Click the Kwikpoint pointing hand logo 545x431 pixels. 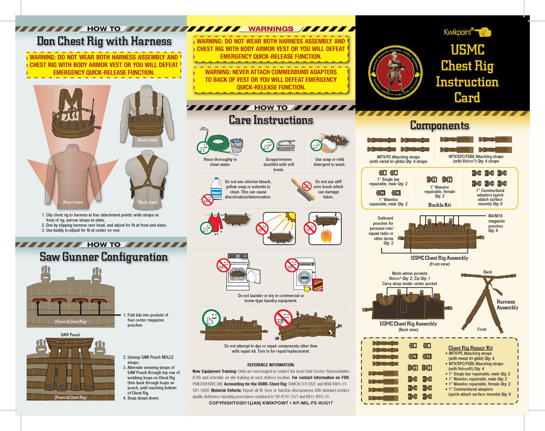point(483,32)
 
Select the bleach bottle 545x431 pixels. point(217,188)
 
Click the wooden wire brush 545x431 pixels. point(303,189)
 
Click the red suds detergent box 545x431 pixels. point(318,285)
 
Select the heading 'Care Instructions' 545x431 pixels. point(271,120)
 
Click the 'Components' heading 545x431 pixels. point(439,125)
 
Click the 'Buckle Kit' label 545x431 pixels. point(439,205)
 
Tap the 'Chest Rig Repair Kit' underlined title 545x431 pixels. point(470,348)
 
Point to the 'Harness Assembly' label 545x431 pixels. point(507,305)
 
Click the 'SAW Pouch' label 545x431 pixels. point(70,335)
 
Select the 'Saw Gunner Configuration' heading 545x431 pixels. point(104,257)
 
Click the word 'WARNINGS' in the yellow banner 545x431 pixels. point(271,29)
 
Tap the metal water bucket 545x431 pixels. point(236,146)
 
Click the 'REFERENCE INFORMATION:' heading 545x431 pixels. point(271,365)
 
